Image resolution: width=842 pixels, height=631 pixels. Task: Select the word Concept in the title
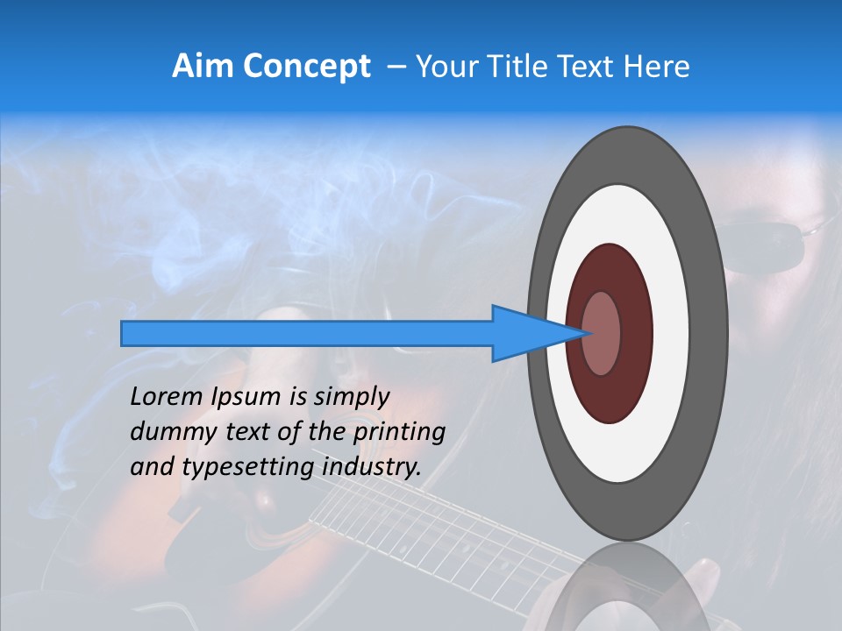click(308, 67)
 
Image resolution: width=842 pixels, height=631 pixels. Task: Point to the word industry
click(373, 468)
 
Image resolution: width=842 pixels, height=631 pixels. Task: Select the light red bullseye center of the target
click(602, 333)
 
